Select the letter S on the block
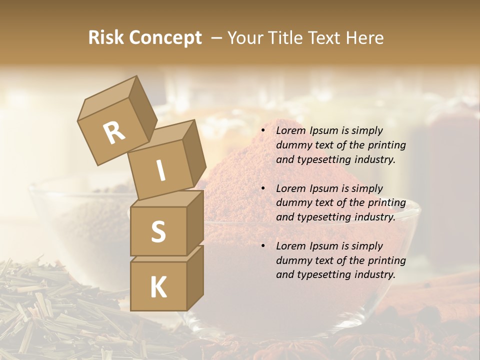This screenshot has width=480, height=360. point(158,231)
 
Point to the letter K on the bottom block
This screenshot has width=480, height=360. point(158,287)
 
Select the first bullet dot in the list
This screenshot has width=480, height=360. point(263,131)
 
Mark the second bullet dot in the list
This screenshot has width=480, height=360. point(263,188)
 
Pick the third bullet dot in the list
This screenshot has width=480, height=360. point(263,246)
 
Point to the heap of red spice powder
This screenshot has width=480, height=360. point(235,185)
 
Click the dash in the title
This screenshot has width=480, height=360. point(216,38)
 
